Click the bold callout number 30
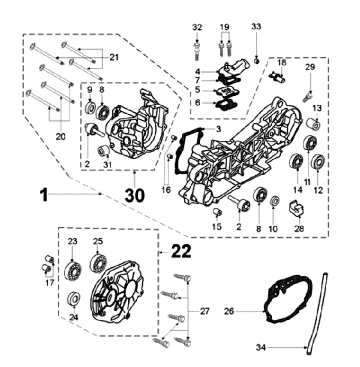pos(134,195)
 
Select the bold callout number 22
pos(181,251)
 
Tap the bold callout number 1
pos(44,195)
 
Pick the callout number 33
pos(256,26)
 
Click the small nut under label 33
pos(257,61)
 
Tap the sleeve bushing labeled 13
pos(313,124)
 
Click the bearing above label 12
pos(318,161)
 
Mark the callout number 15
pos(216,226)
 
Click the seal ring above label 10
pos(274,201)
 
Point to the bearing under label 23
pos(72,272)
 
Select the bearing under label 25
pos(98,263)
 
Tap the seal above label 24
pos(74,298)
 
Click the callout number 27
pos(204,311)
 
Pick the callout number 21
pos(114,57)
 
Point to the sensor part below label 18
pos(277,77)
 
